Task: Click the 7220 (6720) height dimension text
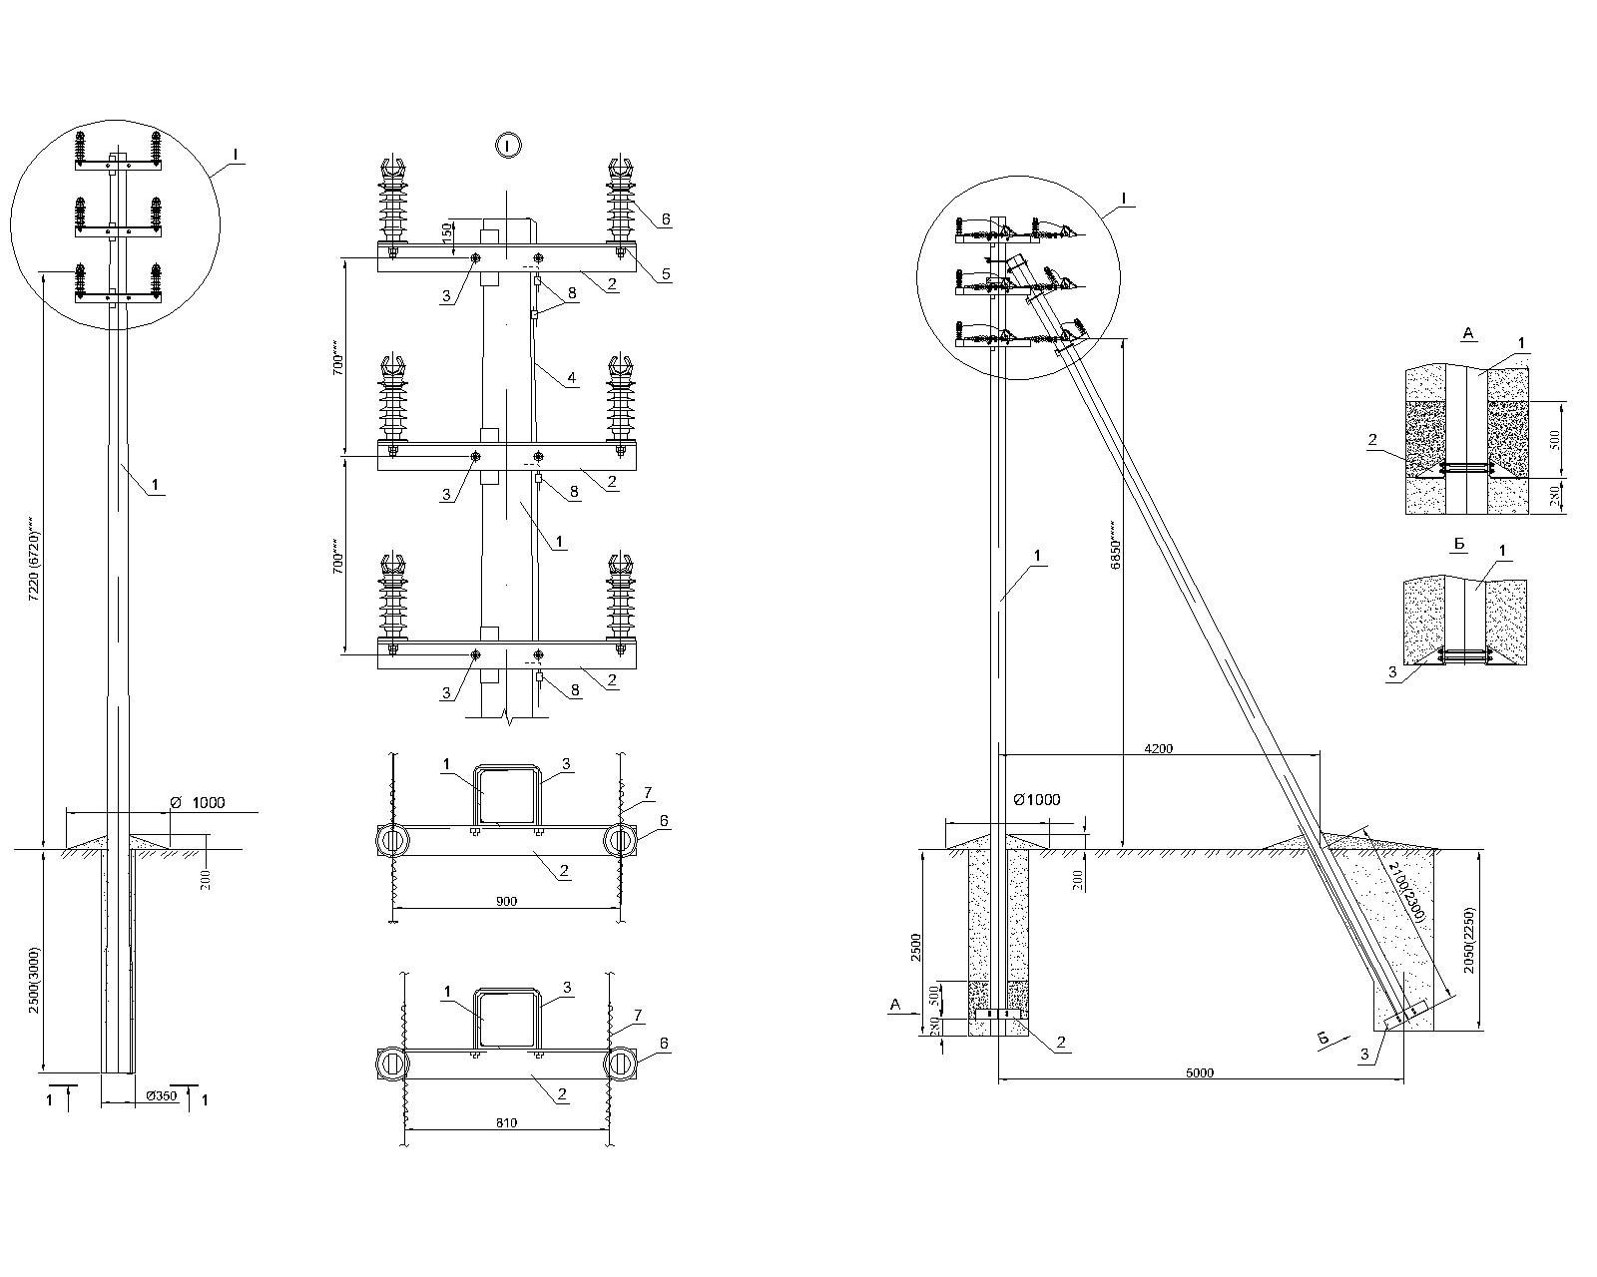pyautogui.click(x=34, y=558)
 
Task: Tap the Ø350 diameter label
pyautogui.click(x=162, y=1095)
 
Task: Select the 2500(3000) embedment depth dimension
pyautogui.click(x=34, y=981)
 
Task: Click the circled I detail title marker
pyautogui.click(x=507, y=146)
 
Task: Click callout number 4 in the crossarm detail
pyautogui.click(x=571, y=378)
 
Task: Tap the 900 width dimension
pyautogui.click(x=506, y=901)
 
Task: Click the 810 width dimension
pyautogui.click(x=506, y=1122)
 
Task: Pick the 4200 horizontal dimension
pyautogui.click(x=1158, y=747)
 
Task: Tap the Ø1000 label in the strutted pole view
pyautogui.click(x=1036, y=799)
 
